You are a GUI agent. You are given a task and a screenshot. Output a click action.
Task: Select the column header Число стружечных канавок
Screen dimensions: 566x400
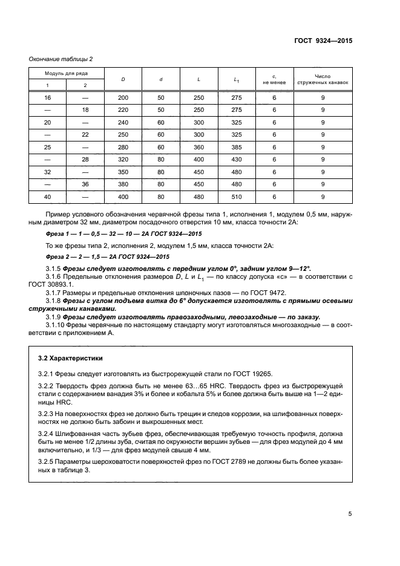[x=323, y=79]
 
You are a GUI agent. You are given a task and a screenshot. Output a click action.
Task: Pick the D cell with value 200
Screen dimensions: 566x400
[x=123, y=97]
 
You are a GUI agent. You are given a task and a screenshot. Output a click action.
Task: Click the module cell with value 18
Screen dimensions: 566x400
[x=85, y=109]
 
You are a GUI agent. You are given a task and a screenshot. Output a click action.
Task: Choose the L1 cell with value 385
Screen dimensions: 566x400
[x=237, y=147]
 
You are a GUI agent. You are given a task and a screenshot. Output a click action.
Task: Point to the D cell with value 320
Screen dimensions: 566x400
[x=123, y=159]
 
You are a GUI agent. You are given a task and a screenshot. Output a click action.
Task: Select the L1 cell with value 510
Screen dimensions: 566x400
[x=237, y=197]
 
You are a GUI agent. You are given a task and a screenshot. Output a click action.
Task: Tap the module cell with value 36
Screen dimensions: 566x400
[x=85, y=184]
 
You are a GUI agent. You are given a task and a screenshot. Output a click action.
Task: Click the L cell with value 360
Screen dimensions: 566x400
[x=199, y=147]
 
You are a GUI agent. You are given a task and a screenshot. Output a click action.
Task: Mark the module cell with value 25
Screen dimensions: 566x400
[x=47, y=147]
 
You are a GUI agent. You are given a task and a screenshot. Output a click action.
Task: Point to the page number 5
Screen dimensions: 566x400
[x=350, y=514]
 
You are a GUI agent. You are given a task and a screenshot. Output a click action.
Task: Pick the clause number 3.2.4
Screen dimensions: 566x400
[x=47, y=435]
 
